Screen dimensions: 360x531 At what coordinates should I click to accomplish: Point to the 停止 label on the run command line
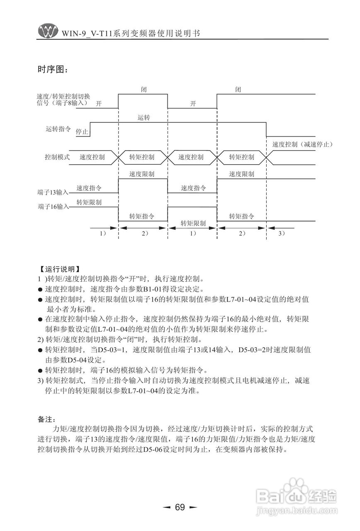[82, 132]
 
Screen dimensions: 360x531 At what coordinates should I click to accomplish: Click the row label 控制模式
[57, 158]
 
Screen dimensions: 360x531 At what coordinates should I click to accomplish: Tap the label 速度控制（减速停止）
[303, 145]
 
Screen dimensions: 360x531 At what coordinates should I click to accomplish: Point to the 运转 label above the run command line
[144, 118]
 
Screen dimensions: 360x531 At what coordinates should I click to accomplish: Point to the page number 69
[180, 507]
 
